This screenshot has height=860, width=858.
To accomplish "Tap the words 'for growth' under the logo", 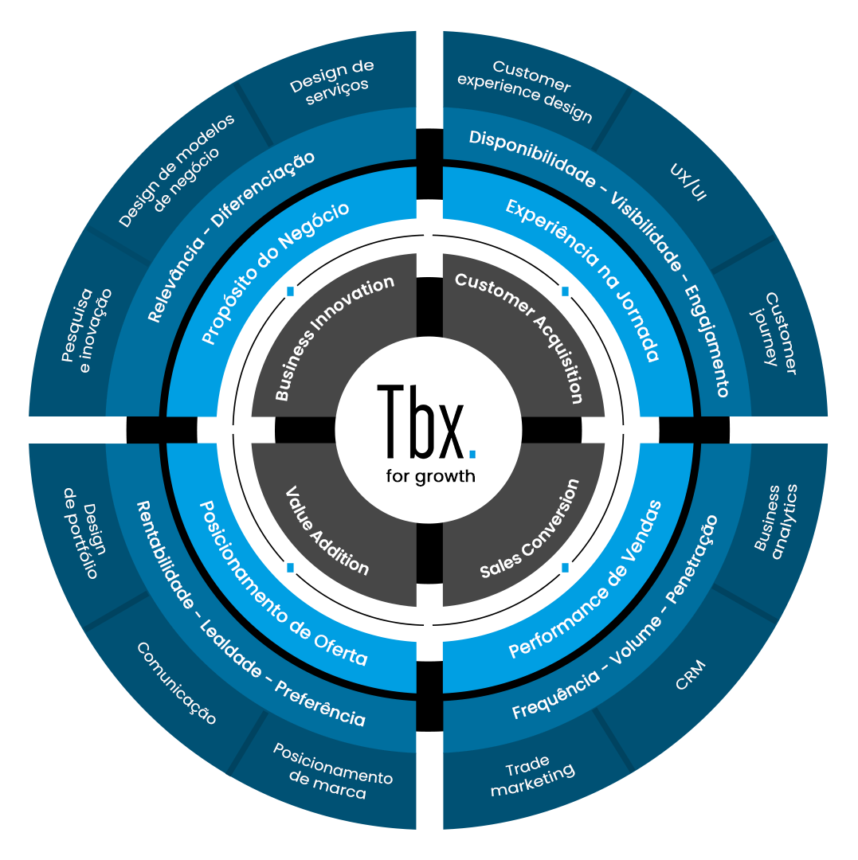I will [x=430, y=476].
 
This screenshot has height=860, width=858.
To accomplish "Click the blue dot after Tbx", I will [x=472, y=453].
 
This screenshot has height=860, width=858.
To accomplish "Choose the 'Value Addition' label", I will [x=327, y=530].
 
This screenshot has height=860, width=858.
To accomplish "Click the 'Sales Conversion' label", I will [x=530, y=529].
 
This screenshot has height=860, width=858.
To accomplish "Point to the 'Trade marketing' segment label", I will [x=532, y=780].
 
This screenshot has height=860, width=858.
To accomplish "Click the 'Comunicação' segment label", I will [x=176, y=682].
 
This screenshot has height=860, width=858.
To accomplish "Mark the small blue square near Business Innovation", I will [x=291, y=291].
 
